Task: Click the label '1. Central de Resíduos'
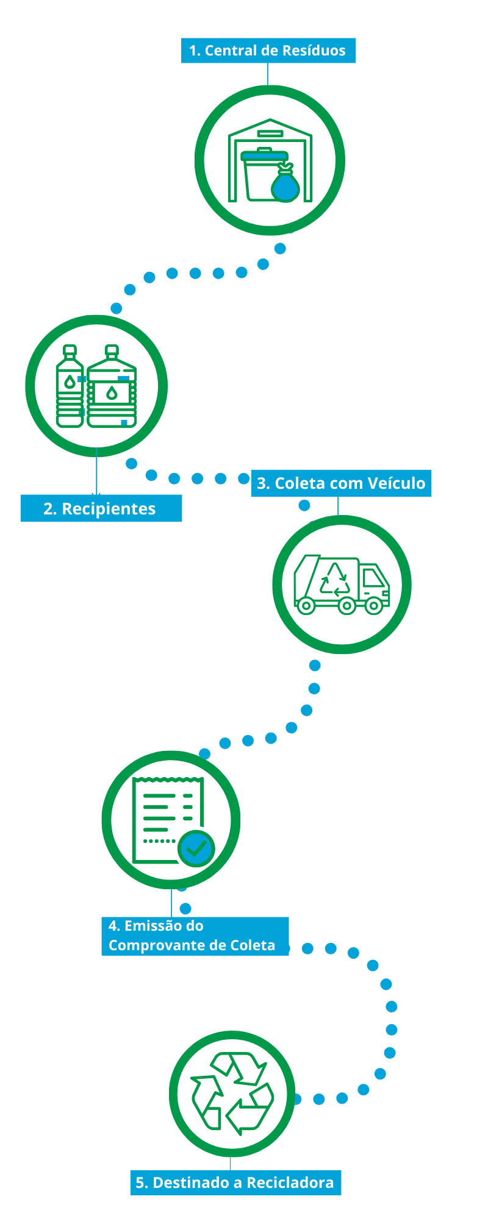pyautogui.click(x=268, y=51)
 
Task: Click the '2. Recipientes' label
pyautogui.click(x=101, y=508)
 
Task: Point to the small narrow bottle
pyautogui.click(x=70, y=386)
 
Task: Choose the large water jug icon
pyautogui.click(x=112, y=386)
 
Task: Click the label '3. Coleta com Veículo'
pyautogui.click(x=341, y=483)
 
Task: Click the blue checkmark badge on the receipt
pyautogui.click(x=196, y=848)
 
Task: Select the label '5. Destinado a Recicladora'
pyautogui.click(x=235, y=1182)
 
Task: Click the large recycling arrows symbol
pyautogui.click(x=232, y=1094)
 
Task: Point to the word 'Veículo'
pyautogui.click(x=397, y=483)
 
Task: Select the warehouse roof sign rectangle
pyautogui.click(x=270, y=133)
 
